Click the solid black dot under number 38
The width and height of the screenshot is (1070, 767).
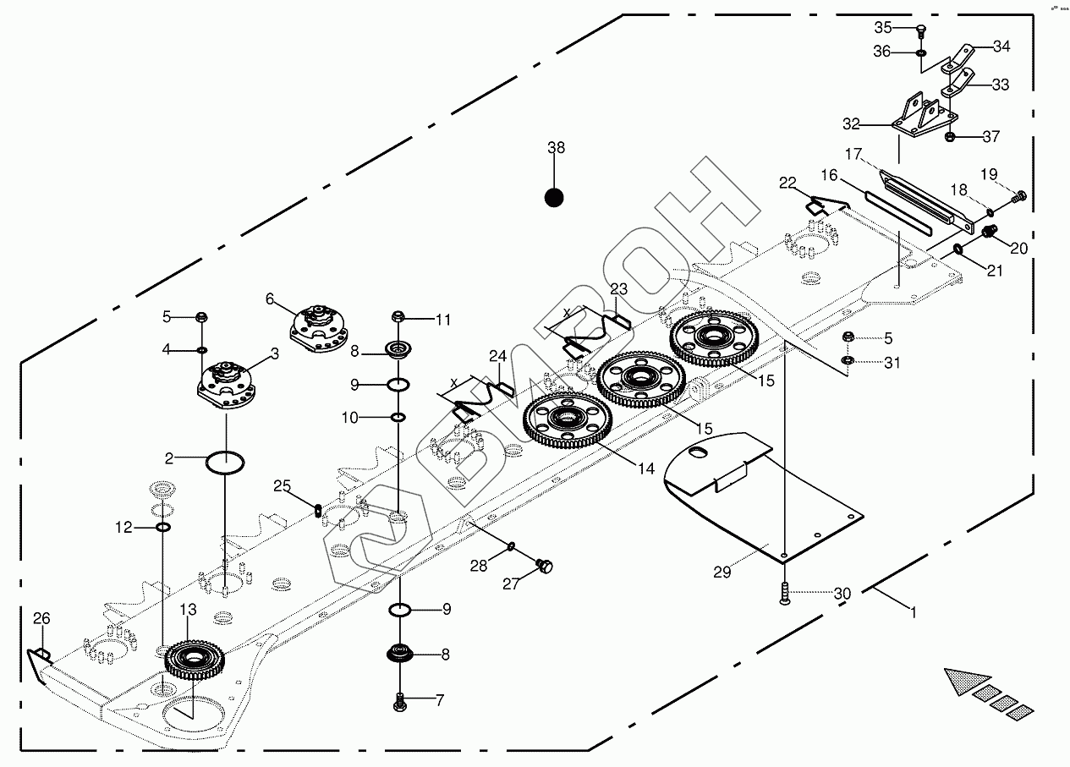[554, 197]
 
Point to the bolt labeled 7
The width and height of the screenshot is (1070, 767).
[400, 701]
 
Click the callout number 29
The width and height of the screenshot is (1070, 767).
[721, 573]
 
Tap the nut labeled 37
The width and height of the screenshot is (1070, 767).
[949, 137]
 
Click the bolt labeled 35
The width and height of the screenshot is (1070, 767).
[921, 32]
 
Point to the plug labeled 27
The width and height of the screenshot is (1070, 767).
[544, 566]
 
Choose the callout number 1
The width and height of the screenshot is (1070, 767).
[912, 610]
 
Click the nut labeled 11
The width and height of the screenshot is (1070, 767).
[399, 317]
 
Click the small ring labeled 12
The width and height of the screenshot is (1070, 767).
[163, 528]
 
